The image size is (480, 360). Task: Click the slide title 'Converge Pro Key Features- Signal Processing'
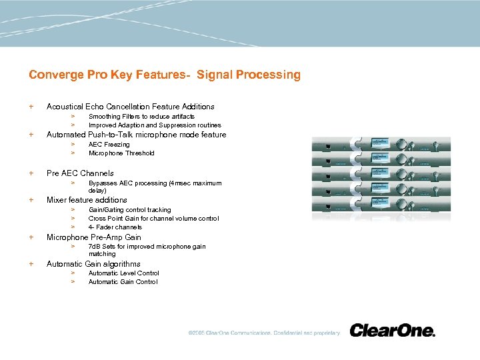[165, 75]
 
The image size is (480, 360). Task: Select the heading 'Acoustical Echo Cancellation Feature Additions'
[130, 107]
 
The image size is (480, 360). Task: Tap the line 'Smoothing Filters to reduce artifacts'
[141, 117]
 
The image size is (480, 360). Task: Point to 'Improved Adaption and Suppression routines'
[155, 125]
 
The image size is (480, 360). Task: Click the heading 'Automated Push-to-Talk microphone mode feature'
[136, 135]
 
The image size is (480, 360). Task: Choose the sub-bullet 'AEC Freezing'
[109, 145]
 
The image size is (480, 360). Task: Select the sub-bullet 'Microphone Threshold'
[121, 153]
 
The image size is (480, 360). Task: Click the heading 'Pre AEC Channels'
[80, 173]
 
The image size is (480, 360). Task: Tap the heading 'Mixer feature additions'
[87, 200]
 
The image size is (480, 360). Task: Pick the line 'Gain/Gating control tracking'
[129, 210]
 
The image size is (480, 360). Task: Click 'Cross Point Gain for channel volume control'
[153, 219]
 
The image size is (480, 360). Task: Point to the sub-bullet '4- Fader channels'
[115, 227]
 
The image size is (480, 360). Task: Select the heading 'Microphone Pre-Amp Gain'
[93, 237]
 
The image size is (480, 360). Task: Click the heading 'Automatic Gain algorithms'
[93, 264]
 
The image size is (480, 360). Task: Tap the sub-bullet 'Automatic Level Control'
[123, 273]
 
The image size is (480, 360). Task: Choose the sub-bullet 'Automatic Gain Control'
[123, 282]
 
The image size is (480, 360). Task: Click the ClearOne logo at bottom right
[392, 331]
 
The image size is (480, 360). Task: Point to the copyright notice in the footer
[263, 333]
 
